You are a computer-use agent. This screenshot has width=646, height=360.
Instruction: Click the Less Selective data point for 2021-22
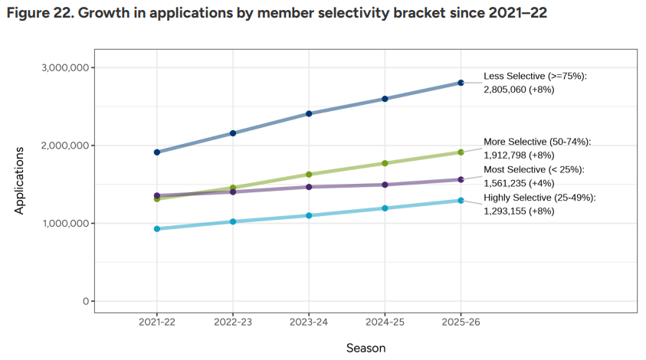[x=157, y=152]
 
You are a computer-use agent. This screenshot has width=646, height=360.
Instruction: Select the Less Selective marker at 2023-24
[x=309, y=113]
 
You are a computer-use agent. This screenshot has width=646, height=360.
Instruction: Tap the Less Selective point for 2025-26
[x=461, y=83]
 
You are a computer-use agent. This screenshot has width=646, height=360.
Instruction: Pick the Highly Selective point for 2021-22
[x=157, y=228]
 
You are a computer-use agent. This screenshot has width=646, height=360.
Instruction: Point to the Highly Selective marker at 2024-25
[x=385, y=208]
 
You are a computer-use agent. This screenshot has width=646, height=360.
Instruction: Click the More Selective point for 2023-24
[x=309, y=175]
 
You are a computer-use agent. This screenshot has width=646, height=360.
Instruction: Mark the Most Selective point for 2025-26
[x=461, y=180]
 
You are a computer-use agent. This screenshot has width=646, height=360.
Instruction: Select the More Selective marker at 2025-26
[x=461, y=152]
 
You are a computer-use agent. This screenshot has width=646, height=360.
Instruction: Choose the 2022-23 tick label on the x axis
[x=233, y=323]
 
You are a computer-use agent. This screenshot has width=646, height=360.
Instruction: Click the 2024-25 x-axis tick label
[x=385, y=323]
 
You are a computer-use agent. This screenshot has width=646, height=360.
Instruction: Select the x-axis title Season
[x=366, y=348]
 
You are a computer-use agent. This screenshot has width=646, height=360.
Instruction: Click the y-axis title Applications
[x=20, y=180]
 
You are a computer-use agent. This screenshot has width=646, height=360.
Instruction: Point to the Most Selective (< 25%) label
[x=533, y=169]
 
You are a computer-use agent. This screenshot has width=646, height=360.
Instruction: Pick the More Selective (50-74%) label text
[x=537, y=142]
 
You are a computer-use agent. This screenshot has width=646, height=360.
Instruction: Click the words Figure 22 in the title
[x=39, y=14]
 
